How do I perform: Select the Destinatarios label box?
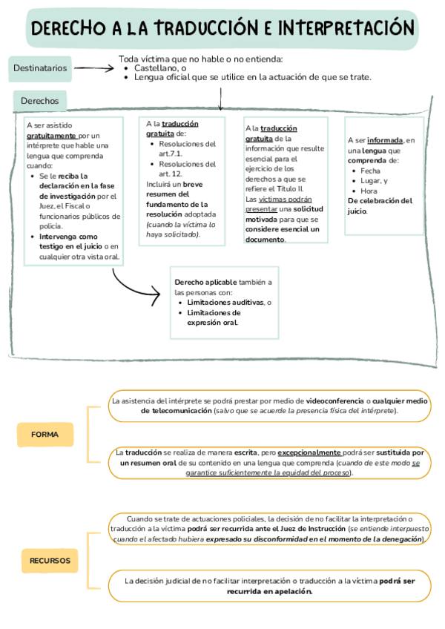40,68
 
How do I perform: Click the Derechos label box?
40,100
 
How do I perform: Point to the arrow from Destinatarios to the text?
93,68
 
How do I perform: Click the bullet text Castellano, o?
159,68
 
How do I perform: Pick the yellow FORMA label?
45,435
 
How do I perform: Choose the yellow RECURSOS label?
50,560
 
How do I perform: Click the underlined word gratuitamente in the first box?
52,136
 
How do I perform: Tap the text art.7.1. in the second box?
171,154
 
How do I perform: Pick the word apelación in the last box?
291,592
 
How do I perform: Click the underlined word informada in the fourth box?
384,139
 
